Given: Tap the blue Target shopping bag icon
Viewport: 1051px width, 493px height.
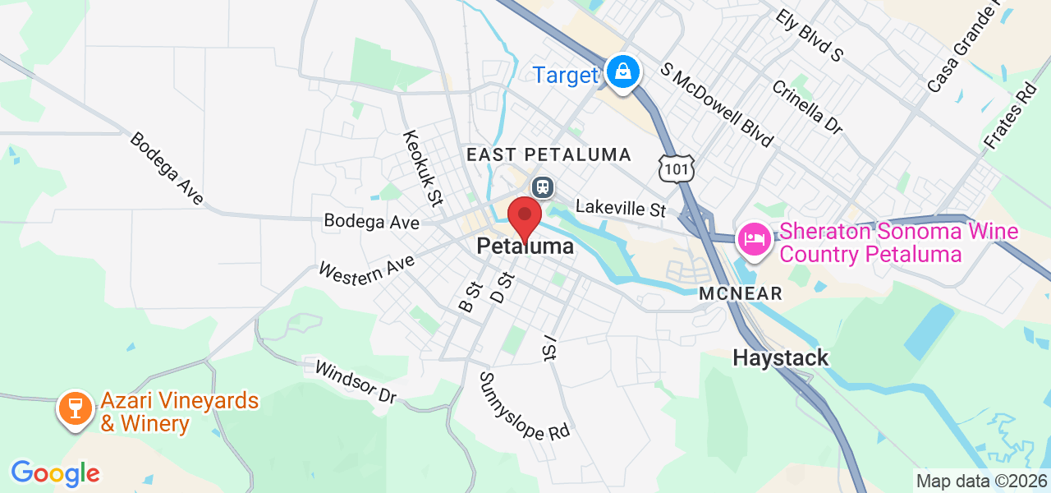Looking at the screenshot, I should coord(624,72).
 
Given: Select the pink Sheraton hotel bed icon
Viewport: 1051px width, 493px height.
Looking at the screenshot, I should coord(753,240).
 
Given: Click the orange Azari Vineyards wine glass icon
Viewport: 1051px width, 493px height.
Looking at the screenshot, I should coord(76,408).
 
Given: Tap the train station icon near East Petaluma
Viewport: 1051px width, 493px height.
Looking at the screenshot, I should coord(543,187).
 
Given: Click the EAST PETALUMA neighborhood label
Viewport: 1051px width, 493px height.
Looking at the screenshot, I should coord(548,154).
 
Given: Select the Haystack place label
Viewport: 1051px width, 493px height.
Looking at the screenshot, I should coord(780,358).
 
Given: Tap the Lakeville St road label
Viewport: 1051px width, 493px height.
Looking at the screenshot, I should coord(620,208).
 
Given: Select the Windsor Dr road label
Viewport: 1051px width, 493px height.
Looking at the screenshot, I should coord(356,381).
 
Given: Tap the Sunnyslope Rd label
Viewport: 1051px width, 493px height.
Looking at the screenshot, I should coord(525,405).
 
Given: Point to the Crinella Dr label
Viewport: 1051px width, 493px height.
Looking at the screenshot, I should coord(806,107).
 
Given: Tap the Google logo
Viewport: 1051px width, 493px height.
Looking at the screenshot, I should coord(55,473).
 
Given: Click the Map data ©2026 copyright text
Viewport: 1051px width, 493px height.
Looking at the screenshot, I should coord(981,481).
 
